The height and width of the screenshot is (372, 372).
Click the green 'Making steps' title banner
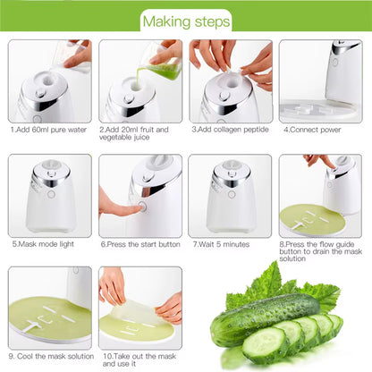pyautogui.click(x=185, y=19)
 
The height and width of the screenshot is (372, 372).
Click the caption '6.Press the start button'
pyautogui.click(x=139, y=242)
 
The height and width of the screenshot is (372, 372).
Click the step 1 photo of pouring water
pyautogui.click(x=50, y=80)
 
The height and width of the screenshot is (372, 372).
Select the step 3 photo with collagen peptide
pyautogui.click(x=230, y=80)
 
